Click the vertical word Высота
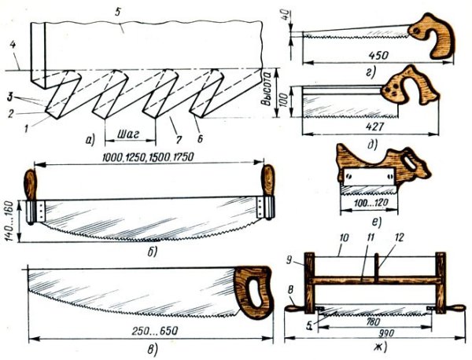point(266,90)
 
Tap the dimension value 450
point(378,55)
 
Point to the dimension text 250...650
point(155,331)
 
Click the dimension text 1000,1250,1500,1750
point(148,157)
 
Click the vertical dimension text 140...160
point(9,220)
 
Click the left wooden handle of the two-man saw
point(30,185)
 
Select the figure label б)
point(153,252)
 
